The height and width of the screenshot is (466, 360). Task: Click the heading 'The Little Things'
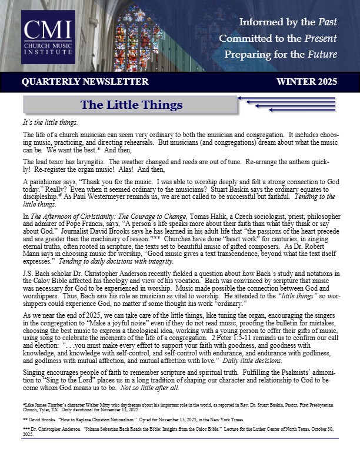(x=132, y=105)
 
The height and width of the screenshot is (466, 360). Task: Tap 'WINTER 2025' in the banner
(x=307, y=81)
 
